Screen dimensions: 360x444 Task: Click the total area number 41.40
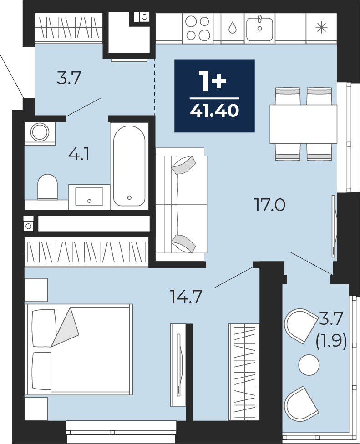pos(214,111)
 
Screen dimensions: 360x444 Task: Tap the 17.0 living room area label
pos(270,205)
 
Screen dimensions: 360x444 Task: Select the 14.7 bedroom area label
pos(186,297)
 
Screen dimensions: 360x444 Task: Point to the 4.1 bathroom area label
pos(79,155)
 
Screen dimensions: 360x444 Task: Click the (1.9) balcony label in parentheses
pos(331,343)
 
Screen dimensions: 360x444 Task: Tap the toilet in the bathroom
pos(48,187)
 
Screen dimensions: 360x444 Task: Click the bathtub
pos(129,166)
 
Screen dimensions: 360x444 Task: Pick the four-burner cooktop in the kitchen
pos(198,29)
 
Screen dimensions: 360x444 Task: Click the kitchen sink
pos(259,29)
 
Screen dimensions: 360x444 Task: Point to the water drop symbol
pos(233,28)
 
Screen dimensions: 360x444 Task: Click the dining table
pos(304,124)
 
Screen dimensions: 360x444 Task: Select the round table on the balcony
pos(309,365)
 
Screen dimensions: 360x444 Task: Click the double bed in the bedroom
pos(79,349)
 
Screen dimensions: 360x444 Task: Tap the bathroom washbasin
pos(89,196)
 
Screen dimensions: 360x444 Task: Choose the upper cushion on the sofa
pos(183,166)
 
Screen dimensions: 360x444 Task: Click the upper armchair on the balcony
pos(301,326)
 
